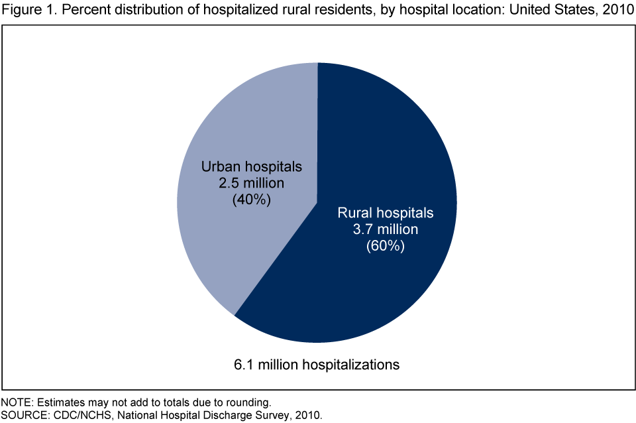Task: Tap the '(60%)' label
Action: click(x=385, y=246)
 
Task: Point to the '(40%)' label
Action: click(x=251, y=198)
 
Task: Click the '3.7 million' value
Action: click(x=385, y=229)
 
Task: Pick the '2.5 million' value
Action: click(x=251, y=182)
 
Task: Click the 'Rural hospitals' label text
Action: click(x=385, y=213)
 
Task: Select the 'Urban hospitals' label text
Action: click(x=251, y=165)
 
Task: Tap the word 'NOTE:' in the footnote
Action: click(x=16, y=402)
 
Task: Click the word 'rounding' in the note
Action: click(x=247, y=402)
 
